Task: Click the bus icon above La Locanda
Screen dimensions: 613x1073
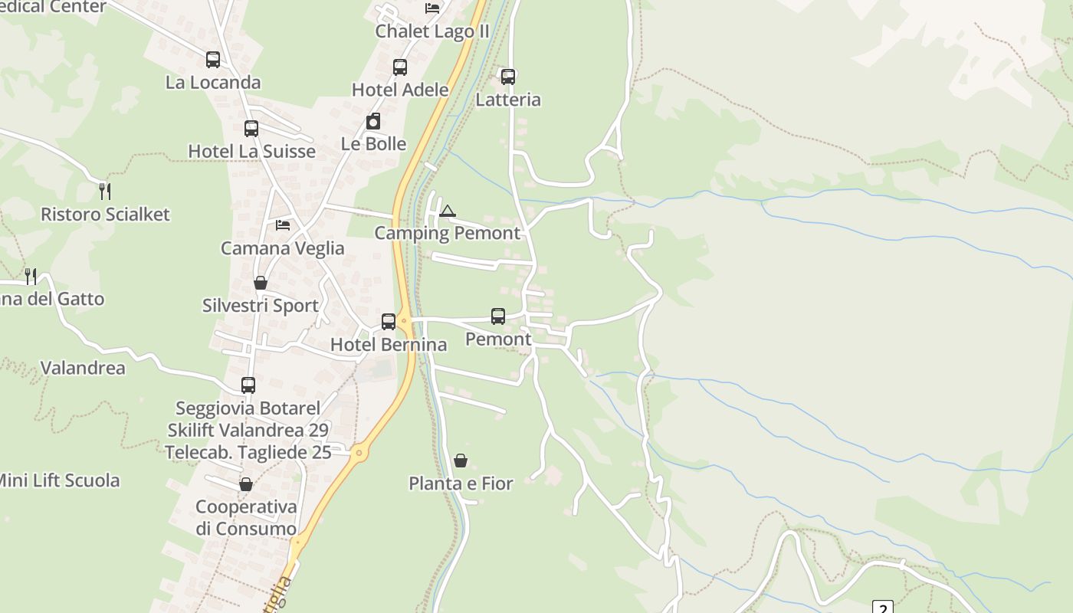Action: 213,60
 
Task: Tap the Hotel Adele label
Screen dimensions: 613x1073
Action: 400,90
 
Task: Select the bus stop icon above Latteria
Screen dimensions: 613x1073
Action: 508,77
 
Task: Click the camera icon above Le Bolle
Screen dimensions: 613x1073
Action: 373,121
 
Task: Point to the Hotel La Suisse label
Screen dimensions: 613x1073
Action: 251,151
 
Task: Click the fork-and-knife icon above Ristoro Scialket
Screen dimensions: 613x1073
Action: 105,191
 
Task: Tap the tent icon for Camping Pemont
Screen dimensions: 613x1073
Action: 447,211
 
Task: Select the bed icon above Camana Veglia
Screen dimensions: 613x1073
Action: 283,225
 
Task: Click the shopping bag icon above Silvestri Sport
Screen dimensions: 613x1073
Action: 261,283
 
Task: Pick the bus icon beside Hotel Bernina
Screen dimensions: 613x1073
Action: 389,322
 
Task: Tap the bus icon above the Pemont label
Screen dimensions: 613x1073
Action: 498,316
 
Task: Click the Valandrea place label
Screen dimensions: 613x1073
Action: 82,368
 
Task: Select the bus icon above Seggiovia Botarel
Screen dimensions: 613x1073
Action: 248,385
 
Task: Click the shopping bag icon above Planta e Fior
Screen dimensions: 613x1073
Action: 461,461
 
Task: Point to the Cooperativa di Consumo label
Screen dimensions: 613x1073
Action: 246,518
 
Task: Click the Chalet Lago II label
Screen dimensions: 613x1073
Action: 431,31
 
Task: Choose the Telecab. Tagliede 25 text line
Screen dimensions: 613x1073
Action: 248,452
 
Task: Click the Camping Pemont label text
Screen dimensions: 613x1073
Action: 447,233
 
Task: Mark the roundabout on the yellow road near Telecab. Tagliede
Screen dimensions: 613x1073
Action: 359,454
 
